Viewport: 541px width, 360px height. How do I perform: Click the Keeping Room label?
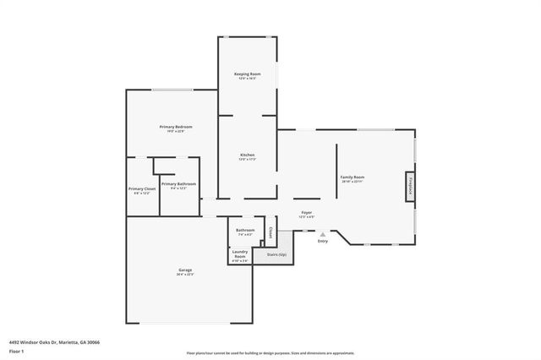point(247,74)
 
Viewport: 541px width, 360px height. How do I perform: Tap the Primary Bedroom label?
point(172,127)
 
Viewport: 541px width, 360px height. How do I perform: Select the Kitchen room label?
point(247,155)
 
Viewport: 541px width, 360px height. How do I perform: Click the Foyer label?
point(306,212)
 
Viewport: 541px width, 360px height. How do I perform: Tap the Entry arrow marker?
point(322,234)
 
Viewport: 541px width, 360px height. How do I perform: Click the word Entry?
point(322,242)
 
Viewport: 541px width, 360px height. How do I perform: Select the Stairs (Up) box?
point(276,254)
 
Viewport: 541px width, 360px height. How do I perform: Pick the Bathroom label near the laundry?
point(245,230)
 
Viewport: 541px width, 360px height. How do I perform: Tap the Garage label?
point(185,270)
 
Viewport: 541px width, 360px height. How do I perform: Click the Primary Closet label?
point(142,188)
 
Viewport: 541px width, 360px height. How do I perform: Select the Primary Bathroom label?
point(178,183)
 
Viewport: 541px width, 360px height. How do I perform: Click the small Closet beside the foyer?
point(270,230)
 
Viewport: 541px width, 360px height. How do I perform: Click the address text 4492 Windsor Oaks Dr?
point(54,342)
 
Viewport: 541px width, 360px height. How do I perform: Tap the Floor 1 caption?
point(16,351)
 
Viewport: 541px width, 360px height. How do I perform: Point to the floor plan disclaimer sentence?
point(270,352)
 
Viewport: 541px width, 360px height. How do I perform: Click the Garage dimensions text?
point(185,275)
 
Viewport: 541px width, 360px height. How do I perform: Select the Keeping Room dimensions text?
point(247,79)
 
